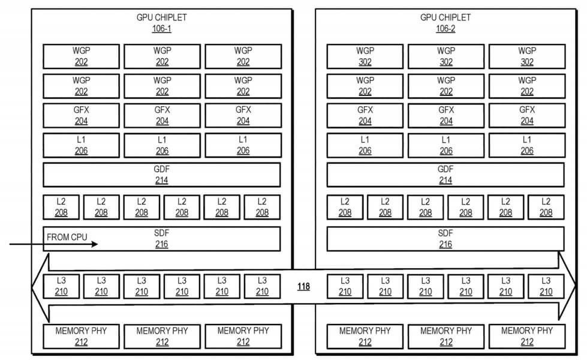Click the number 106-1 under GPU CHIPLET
coord(161,29)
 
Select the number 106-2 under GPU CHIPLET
coord(445,29)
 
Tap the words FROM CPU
coord(67,237)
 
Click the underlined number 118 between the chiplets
coord(303,287)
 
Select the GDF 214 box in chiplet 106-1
coord(162,175)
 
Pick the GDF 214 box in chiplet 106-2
coord(445,175)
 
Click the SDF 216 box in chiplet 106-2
coord(445,239)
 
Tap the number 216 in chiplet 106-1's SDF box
coord(162,244)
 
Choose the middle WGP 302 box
coord(446,56)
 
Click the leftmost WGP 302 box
coord(365,56)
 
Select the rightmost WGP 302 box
coord(527,56)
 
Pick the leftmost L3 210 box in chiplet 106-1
coord(61,286)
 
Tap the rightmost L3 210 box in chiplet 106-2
coord(546,286)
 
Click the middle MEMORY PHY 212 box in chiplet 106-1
coord(162,337)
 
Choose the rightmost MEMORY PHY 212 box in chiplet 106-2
coord(527,337)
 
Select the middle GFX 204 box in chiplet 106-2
coord(446,115)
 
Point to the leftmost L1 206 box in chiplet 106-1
coord(81,145)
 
